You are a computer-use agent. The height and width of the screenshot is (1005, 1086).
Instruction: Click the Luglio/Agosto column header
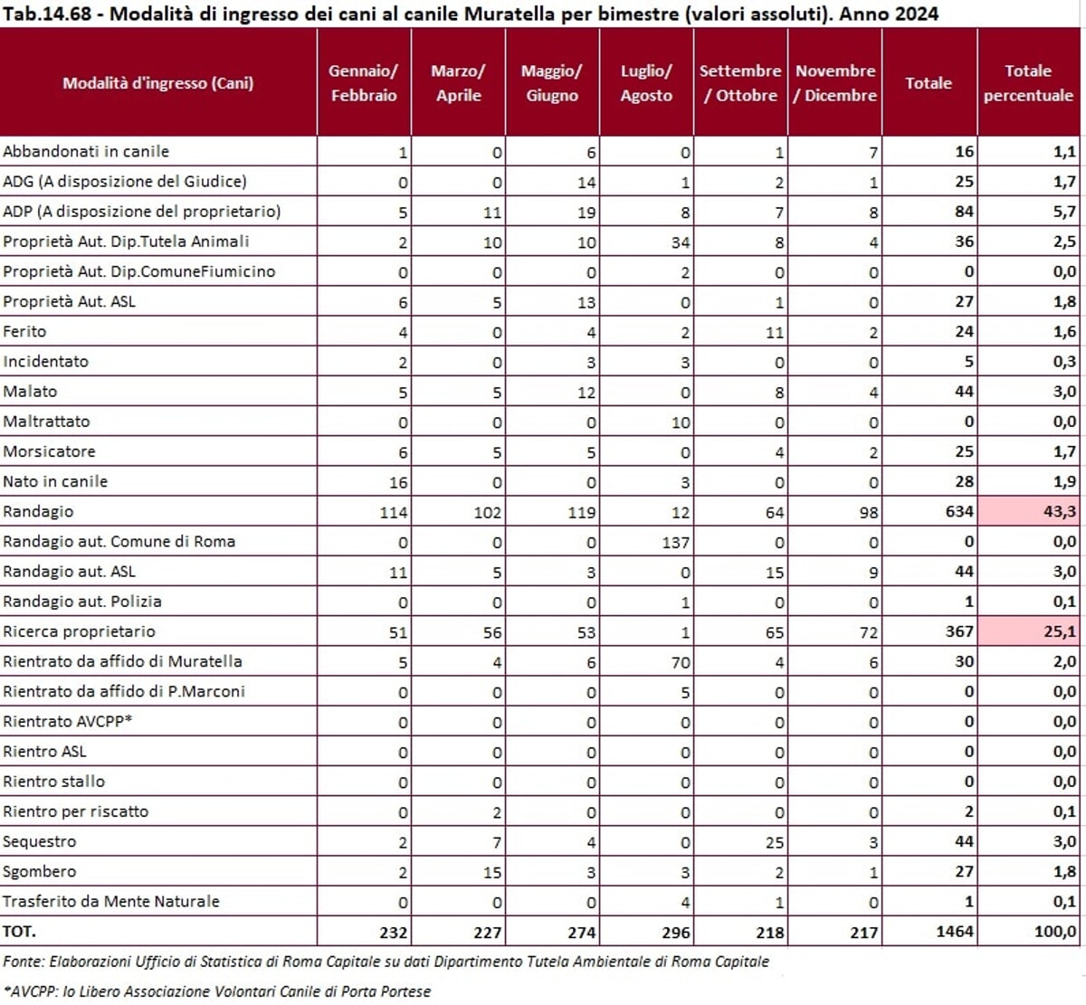click(x=646, y=82)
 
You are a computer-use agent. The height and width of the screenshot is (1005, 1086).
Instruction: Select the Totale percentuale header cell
click(x=1028, y=82)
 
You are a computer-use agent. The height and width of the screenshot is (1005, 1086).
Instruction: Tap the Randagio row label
click(x=38, y=511)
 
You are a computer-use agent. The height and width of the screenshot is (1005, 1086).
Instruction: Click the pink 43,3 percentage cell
click(x=1029, y=511)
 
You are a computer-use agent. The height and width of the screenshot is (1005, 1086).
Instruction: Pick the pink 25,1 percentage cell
click(x=1029, y=631)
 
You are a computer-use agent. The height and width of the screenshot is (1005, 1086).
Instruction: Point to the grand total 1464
click(x=955, y=931)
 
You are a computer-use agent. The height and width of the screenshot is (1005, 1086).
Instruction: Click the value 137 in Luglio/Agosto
click(x=675, y=543)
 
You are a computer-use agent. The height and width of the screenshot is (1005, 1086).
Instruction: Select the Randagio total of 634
click(x=959, y=512)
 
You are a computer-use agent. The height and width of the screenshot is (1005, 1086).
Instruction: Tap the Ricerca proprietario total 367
click(x=959, y=631)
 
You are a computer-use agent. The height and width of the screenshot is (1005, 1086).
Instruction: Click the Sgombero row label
click(x=40, y=871)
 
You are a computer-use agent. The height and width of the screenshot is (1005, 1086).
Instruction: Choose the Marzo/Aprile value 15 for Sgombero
click(x=492, y=872)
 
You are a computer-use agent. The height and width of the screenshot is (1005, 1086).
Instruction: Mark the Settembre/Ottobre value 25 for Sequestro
click(x=775, y=842)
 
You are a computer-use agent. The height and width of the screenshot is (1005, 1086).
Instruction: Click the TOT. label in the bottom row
click(x=19, y=931)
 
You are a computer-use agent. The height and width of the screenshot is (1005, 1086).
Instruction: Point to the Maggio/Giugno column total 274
click(x=581, y=932)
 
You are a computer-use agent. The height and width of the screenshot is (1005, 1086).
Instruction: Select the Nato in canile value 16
click(x=398, y=482)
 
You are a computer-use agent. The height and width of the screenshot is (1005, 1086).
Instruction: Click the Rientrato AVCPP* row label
click(x=68, y=721)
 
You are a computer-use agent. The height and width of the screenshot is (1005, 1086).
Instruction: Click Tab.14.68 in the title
click(x=47, y=14)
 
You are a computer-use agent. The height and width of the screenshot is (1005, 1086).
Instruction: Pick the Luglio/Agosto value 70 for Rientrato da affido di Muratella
click(x=681, y=662)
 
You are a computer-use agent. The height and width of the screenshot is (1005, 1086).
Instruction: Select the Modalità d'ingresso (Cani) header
click(x=158, y=83)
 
